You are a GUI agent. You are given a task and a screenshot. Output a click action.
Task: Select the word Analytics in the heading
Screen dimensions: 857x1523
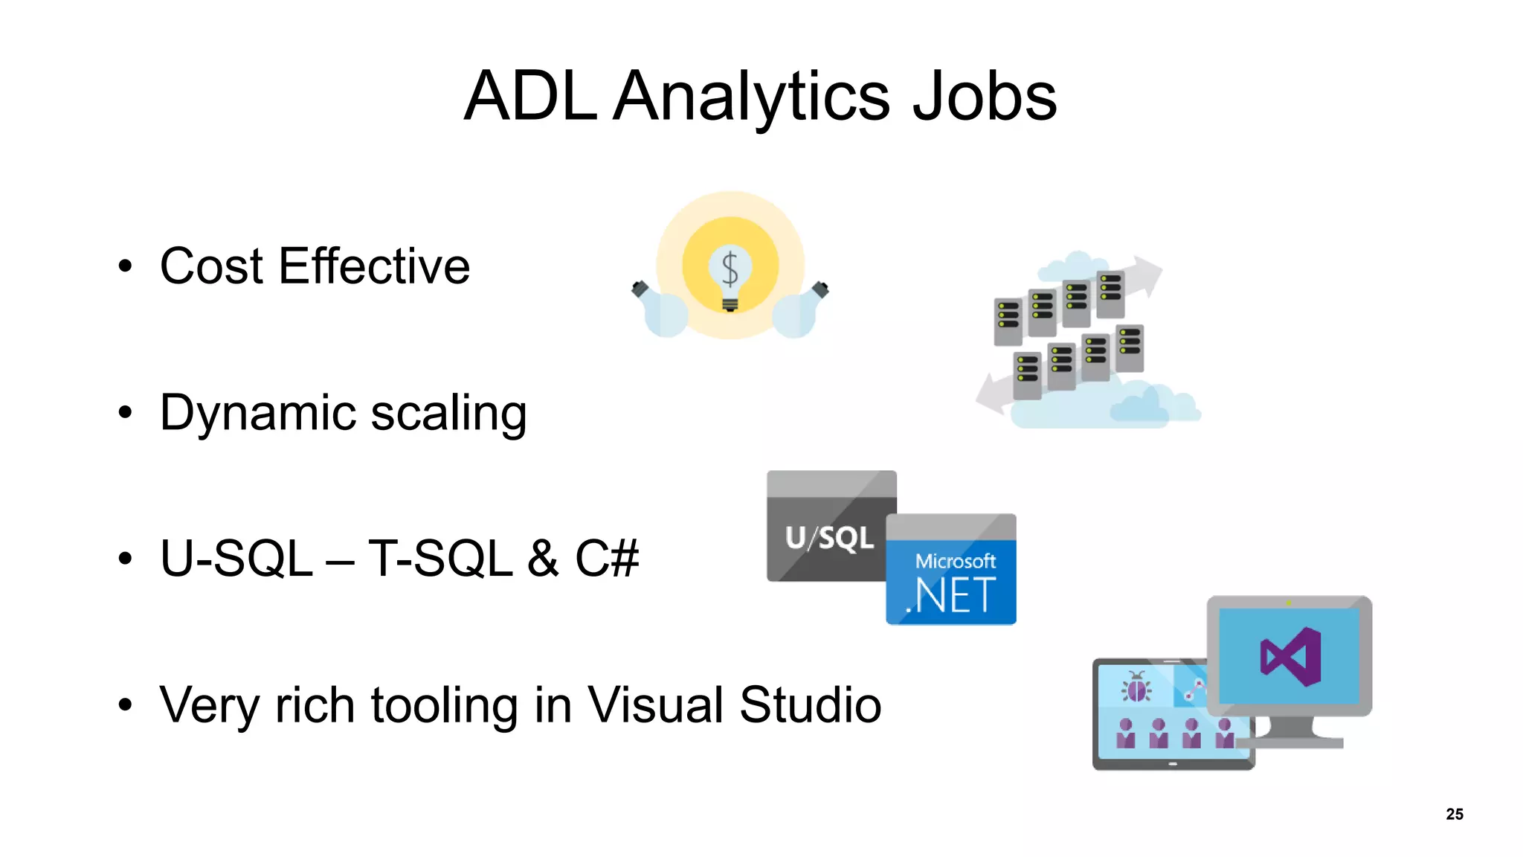751,98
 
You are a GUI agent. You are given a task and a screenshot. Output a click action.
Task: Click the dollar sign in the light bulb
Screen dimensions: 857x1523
730,269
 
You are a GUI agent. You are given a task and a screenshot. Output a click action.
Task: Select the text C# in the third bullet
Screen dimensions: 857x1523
606,558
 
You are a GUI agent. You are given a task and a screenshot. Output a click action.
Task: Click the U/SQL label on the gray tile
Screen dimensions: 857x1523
829,538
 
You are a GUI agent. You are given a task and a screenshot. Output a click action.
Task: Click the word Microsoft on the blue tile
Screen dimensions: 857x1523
955,561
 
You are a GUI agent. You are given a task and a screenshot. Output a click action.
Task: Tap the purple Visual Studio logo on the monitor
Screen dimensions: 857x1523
1291,656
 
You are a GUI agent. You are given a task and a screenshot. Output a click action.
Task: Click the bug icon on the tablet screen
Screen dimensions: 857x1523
1136,687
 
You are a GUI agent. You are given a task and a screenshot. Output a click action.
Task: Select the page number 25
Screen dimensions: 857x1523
1454,814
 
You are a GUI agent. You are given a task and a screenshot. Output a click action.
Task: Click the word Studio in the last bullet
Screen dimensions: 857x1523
810,705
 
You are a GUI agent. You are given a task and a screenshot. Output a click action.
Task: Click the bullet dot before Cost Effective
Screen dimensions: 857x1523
125,266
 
